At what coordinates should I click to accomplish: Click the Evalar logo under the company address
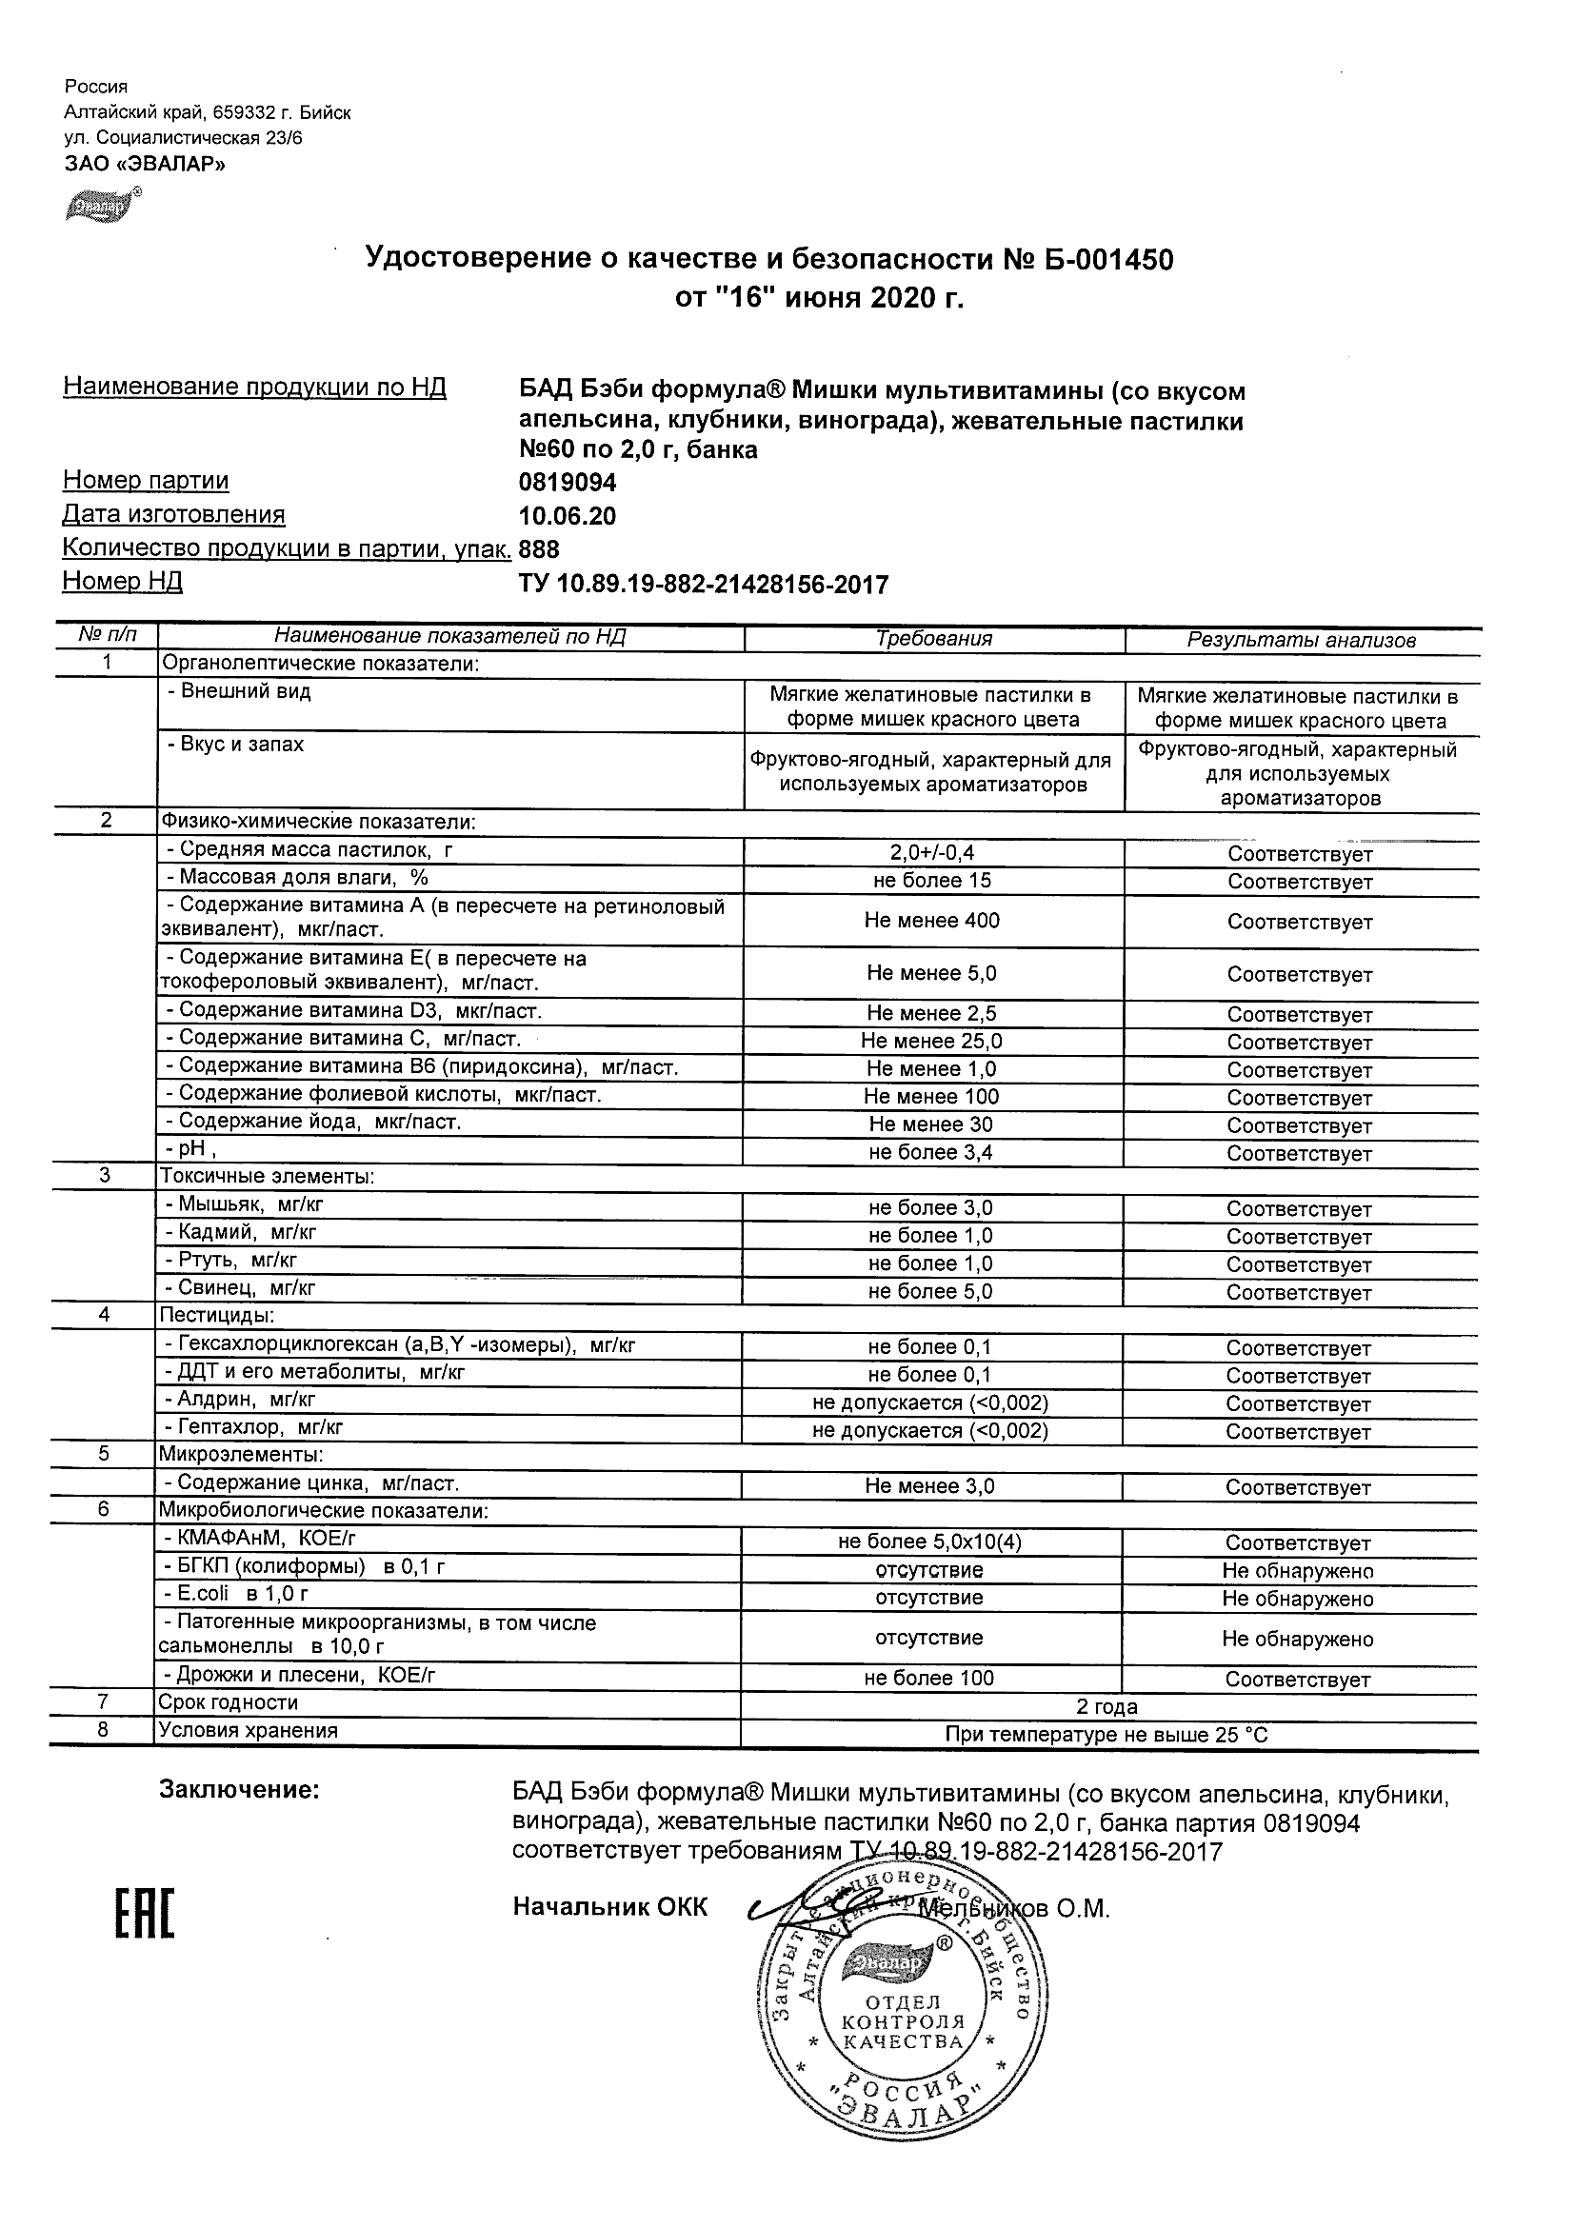click(101, 206)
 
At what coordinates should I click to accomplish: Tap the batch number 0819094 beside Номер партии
click(568, 483)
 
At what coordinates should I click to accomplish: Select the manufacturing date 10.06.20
click(568, 516)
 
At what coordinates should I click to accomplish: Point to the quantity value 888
click(540, 550)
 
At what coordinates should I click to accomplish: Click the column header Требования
click(933, 639)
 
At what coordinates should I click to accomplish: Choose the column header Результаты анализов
click(1302, 641)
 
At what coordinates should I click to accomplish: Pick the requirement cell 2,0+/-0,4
click(932, 853)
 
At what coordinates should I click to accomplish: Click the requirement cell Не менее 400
click(931, 920)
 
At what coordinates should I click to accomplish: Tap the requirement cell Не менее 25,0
click(931, 1042)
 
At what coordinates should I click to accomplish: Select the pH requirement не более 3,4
click(931, 1153)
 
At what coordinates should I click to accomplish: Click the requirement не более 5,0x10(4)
click(930, 1542)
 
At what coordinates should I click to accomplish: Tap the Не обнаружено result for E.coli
click(1298, 1599)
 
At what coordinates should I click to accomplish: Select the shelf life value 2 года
click(1107, 1707)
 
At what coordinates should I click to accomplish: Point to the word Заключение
click(239, 1790)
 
